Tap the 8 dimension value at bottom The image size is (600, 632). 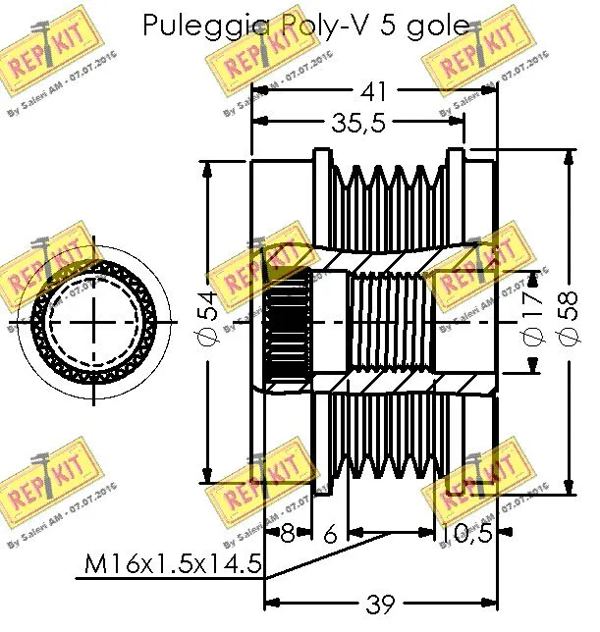[287, 534]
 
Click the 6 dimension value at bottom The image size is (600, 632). [330, 534]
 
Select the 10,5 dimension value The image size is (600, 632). [468, 534]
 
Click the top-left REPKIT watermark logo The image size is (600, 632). [53, 48]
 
